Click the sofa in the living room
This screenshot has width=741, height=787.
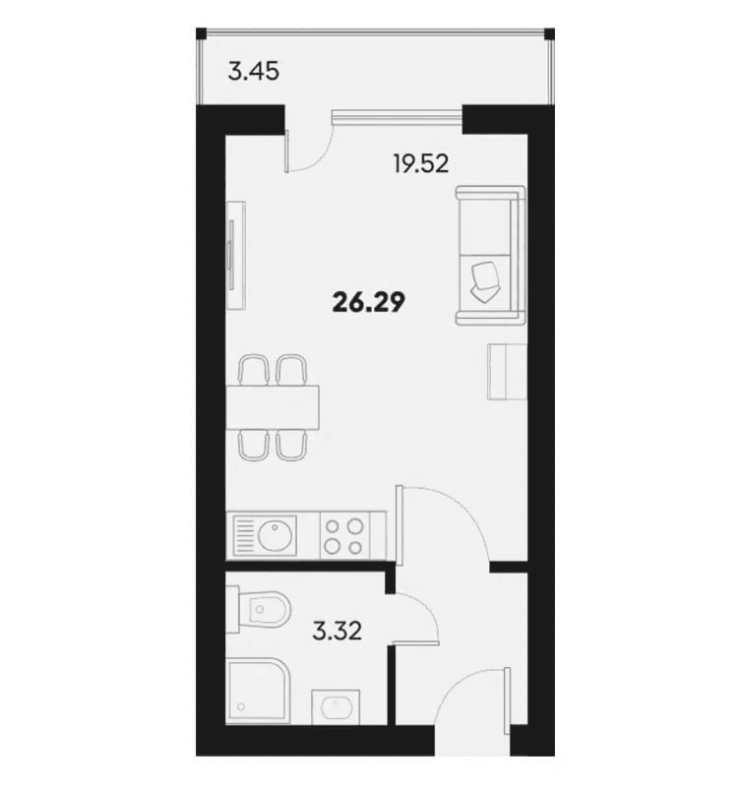[488, 256]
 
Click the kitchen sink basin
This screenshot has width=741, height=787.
[274, 536]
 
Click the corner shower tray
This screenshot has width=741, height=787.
[254, 692]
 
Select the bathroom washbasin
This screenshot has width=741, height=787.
[336, 707]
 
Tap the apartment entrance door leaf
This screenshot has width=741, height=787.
[508, 700]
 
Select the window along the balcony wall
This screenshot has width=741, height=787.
[396, 118]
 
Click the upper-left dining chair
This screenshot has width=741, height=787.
[254, 371]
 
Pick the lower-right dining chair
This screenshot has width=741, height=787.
[290, 445]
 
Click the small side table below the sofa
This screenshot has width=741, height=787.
[505, 372]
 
